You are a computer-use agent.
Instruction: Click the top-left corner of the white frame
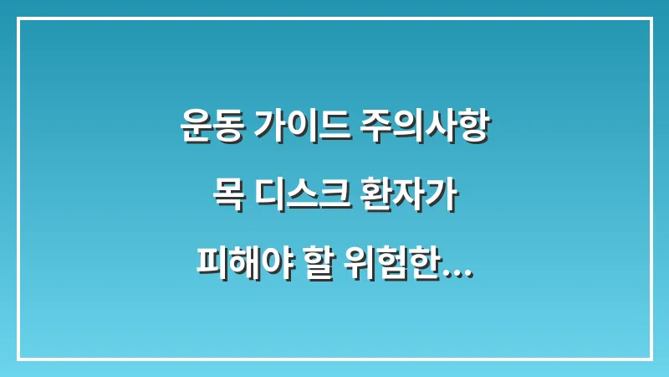click(18, 18)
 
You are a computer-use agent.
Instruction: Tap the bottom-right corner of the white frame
click(651, 359)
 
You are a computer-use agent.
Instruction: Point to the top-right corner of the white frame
click(651, 18)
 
